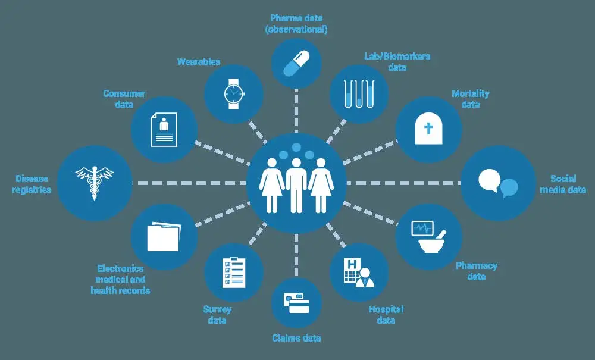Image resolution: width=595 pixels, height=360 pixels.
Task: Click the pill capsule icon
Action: click(x=296, y=64)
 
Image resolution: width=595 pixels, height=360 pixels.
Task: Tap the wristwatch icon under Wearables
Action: click(x=233, y=93)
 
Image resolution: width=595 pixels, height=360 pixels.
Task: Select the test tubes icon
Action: click(x=359, y=93)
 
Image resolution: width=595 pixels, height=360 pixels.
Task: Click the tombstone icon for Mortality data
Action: click(x=429, y=128)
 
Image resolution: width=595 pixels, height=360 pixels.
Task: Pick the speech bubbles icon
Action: click(x=498, y=183)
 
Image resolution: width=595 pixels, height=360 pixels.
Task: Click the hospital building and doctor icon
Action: click(x=359, y=273)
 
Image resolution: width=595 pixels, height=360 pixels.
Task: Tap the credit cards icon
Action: click(x=296, y=303)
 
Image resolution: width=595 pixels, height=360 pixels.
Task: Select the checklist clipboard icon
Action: click(x=233, y=273)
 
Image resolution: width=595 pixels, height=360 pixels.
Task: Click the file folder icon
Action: click(x=164, y=236)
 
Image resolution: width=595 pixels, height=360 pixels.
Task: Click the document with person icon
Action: click(x=164, y=129)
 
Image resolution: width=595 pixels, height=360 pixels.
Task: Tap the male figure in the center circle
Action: click(x=296, y=186)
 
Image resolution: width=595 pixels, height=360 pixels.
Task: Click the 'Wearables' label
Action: click(x=199, y=61)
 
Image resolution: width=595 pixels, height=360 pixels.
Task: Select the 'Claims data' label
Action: click(x=296, y=338)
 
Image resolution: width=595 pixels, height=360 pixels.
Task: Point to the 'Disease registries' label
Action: click(x=32, y=184)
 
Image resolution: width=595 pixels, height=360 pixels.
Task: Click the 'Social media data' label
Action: click(x=563, y=184)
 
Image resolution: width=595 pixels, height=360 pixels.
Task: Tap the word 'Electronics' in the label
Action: click(x=120, y=268)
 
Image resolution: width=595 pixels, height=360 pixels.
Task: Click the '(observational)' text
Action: click(x=296, y=29)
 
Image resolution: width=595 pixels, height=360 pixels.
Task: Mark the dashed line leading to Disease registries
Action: click(x=190, y=183)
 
